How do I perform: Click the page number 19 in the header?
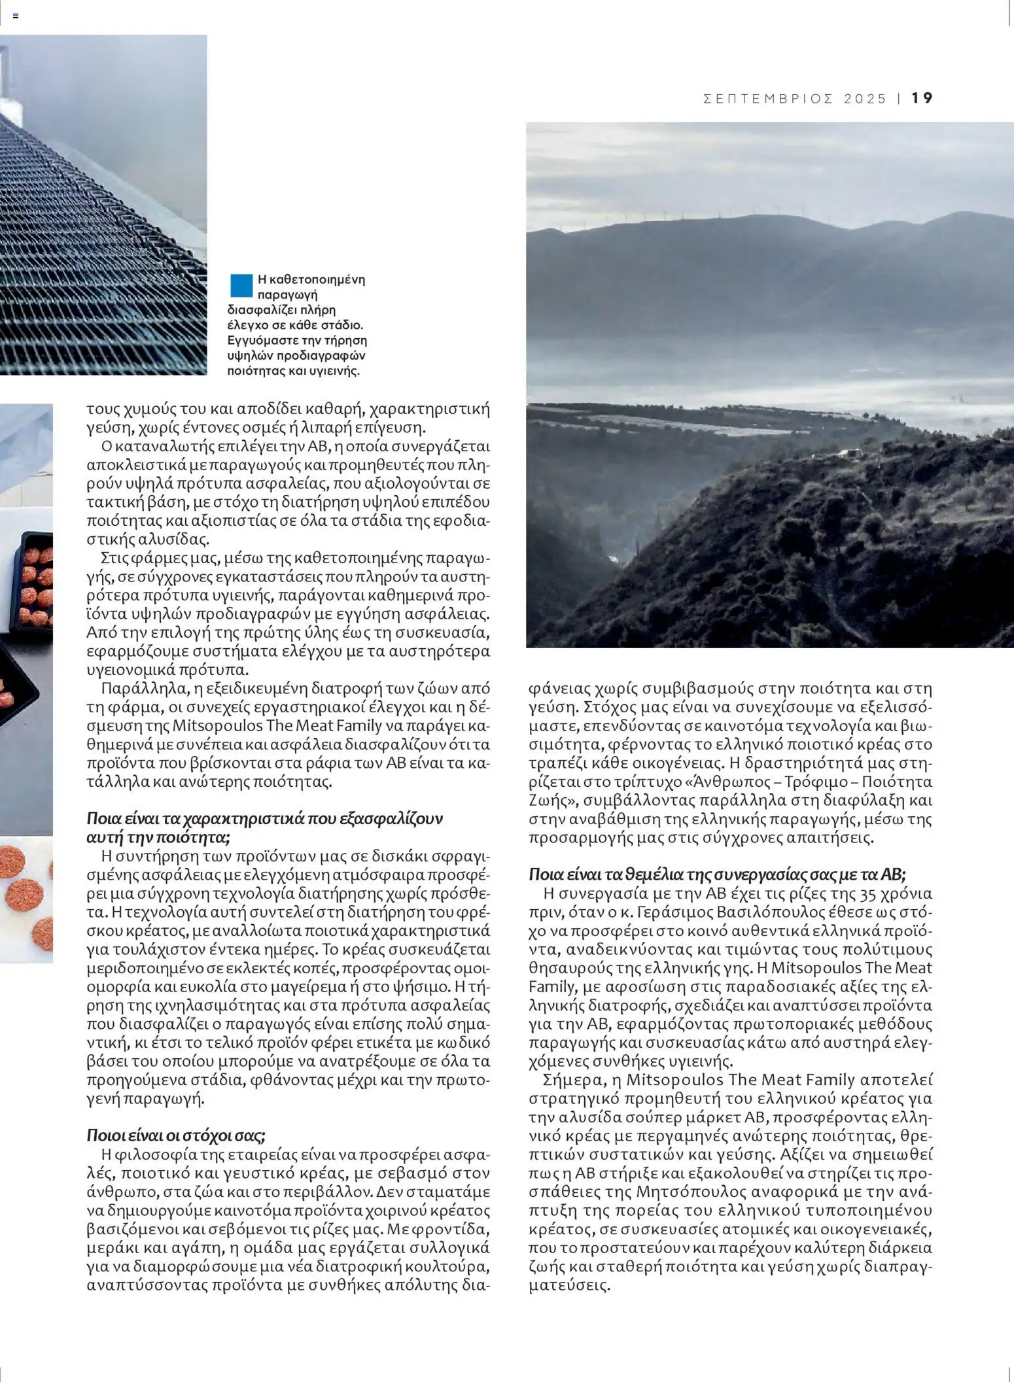tap(922, 98)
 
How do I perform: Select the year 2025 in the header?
tap(865, 99)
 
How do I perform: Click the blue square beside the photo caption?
tap(241, 285)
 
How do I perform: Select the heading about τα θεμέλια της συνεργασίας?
tap(717, 874)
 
